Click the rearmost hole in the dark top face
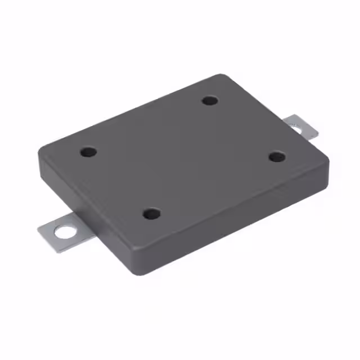tap(210, 101)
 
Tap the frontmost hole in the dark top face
tap(151, 214)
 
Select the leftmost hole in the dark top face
tap(88, 152)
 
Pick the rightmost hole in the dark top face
tap(276, 156)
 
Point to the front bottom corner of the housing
tap(141, 273)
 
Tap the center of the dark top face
tap(183, 157)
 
